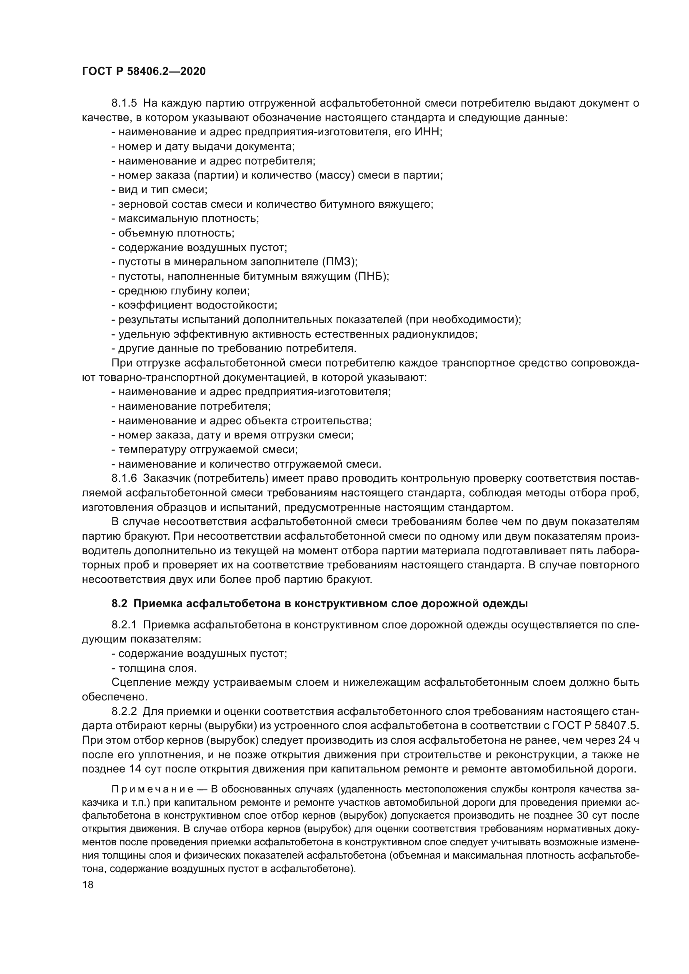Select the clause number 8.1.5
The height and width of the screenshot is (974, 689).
[x=124, y=103]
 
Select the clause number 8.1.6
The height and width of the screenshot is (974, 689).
[x=124, y=478]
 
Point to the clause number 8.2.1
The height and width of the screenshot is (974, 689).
[x=124, y=625]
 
